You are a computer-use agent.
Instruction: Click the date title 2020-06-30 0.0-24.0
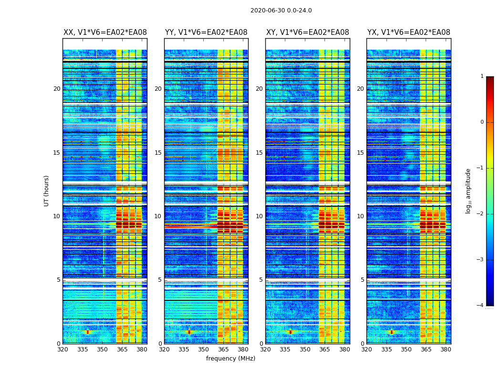(x=281, y=11)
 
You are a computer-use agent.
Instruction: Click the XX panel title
(x=105, y=32)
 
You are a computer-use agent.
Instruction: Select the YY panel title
(x=206, y=32)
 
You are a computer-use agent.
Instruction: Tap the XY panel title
(x=307, y=32)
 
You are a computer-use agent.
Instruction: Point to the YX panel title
(x=408, y=32)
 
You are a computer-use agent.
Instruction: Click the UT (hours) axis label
(x=47, y=191)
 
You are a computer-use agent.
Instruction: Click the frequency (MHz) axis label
(x=230, y=359)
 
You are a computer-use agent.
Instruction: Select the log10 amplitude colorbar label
(x=469, y=191)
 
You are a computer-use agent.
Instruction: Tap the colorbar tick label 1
(x=481, y=76)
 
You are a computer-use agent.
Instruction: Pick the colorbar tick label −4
(x=480, y=306)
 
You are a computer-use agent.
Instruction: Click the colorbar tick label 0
(x=481, y=122)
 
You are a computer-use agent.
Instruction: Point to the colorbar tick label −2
(x=480, y=214)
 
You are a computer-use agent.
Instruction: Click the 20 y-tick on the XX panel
(x=57, y=89)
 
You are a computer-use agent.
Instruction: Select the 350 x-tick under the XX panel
(x=102, y=350)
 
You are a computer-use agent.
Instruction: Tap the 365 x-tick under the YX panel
(x=426, y=350)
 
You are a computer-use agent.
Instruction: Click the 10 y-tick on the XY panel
(x=259, y=216)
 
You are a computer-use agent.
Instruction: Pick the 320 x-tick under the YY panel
(x=164, y=350)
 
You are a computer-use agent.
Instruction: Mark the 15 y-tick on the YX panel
(x=360, y=153)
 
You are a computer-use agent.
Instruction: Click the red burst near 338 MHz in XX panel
(x=87, y=331)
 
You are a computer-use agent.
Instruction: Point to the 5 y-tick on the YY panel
(x=160, y=280)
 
